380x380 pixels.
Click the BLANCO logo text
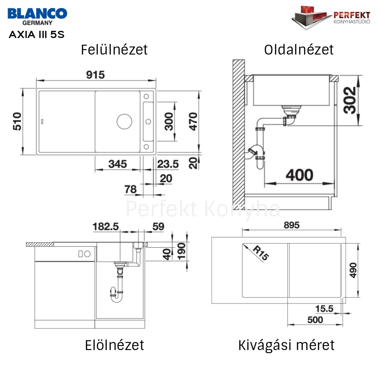(x=37, y=13)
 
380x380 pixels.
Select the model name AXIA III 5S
(x=37, y=34)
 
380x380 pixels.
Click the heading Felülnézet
(x=114, y=50)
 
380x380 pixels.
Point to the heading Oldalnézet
(x=299, y=50)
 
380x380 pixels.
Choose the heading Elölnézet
(x=114, y=345)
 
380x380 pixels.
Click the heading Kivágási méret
(x=286, y=345)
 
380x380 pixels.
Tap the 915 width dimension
(x=96, y=75)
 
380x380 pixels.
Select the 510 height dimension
(x=17, y=122)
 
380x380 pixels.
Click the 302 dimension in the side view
(x=350, y=100)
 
